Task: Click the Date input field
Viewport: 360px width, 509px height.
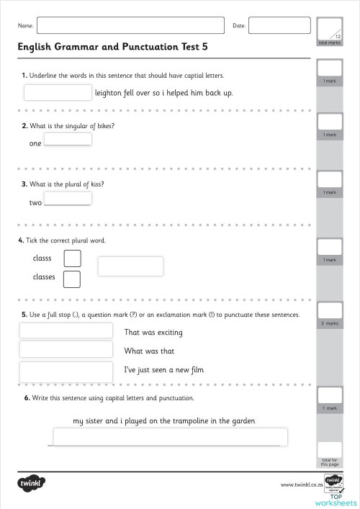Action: coord(274,26)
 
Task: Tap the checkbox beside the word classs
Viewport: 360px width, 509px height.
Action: coord(72,258)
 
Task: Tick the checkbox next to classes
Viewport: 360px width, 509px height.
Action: coord(72,278)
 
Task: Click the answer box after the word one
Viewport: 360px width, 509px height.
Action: coord(68,140)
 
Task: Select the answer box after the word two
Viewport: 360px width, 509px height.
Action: coord(68,199)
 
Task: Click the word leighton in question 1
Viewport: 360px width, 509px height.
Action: coord(109,93)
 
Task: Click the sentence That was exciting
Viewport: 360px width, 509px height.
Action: coord(153,333)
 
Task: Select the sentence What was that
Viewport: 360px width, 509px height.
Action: coord(149,351)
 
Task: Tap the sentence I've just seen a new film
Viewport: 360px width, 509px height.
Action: coord(165,370)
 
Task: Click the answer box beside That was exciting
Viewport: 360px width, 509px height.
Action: coord(66,330)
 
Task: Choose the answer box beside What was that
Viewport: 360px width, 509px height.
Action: coord(66,349)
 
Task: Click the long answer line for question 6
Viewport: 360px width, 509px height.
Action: coord(170,437)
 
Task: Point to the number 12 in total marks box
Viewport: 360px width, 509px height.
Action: coord(338,35)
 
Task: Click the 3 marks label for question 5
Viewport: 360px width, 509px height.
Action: coord(329,323)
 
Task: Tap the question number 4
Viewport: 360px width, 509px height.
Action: coord(20,240)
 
